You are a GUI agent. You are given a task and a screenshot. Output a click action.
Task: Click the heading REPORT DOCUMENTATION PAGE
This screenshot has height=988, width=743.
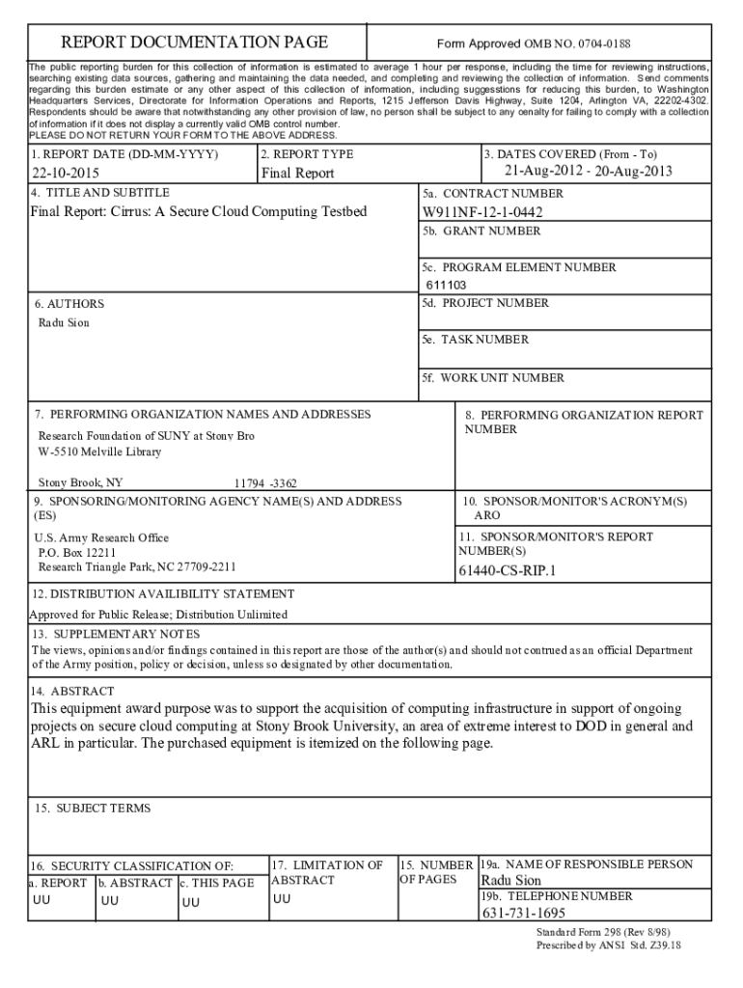(x=195, y=42)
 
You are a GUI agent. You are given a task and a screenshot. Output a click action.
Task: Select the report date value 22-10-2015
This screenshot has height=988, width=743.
(x=66, y=174)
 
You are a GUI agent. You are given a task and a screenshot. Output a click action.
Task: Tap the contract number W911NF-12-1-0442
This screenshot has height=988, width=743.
(x=482, y=212)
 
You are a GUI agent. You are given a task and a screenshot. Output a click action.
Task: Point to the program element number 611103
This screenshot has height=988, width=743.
(x=447, y=285)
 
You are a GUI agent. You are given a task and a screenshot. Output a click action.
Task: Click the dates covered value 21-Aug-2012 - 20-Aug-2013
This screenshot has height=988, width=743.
(x=588, y=172)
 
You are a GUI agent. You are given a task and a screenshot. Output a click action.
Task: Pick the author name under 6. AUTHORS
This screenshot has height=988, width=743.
(x=64, y=322)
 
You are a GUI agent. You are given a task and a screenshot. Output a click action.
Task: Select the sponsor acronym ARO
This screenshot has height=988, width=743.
(x=487, y=516)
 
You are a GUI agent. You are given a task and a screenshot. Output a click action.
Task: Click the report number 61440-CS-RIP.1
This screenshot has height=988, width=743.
(x=508, y=570)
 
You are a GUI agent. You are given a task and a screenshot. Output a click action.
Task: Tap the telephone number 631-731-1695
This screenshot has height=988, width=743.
(x=523, y=913)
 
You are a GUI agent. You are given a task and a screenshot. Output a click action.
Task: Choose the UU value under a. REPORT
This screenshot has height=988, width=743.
(x=42, y=900)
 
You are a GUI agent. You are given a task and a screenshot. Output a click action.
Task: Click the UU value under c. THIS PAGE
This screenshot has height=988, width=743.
(x=191, y=902)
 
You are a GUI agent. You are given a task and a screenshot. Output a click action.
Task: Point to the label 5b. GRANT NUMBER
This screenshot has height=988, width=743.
(x=481, y=232)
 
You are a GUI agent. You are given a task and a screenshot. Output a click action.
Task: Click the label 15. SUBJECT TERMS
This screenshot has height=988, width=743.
(x=93, y=808)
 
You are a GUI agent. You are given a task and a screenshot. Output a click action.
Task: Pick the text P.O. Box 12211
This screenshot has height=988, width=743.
(x=77, y=553)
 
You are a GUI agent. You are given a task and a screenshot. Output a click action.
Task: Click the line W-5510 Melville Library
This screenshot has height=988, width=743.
(x=99, y=452)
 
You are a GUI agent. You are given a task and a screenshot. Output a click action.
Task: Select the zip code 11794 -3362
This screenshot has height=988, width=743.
(x=265, y=482)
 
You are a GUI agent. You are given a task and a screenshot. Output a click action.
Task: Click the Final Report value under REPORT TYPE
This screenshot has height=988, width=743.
(x=297, y=174)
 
